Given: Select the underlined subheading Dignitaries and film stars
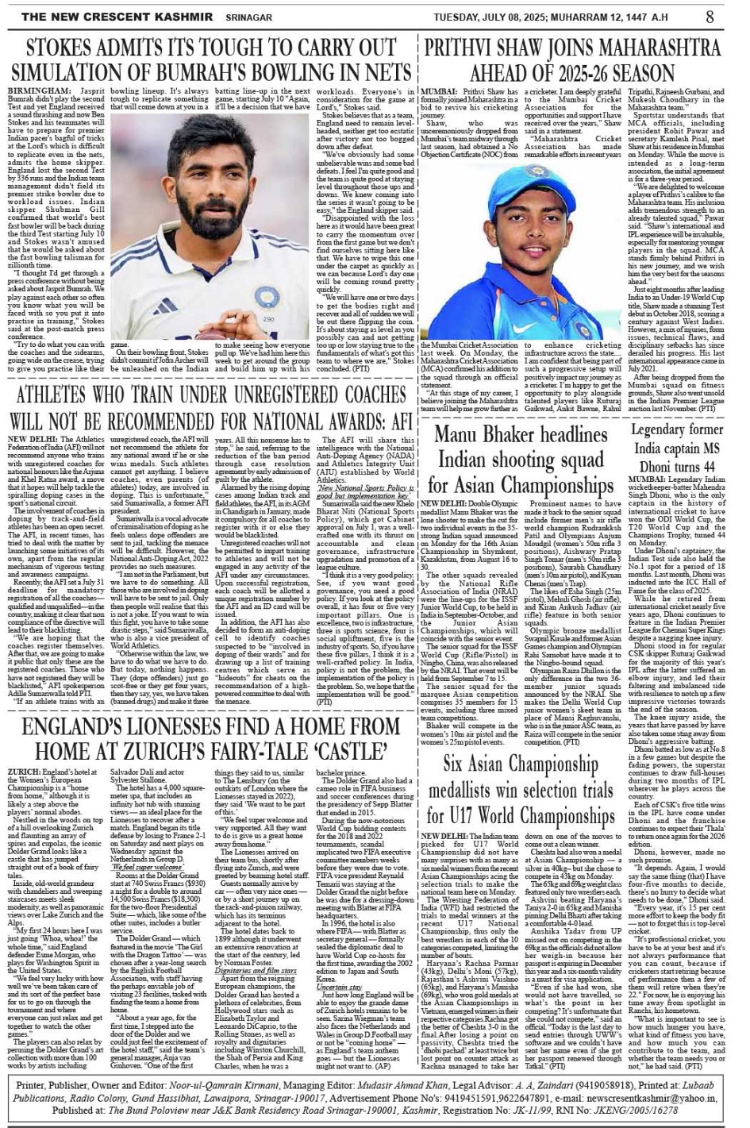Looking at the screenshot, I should click(256, 970).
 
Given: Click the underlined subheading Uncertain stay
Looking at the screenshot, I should click(339, 987).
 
